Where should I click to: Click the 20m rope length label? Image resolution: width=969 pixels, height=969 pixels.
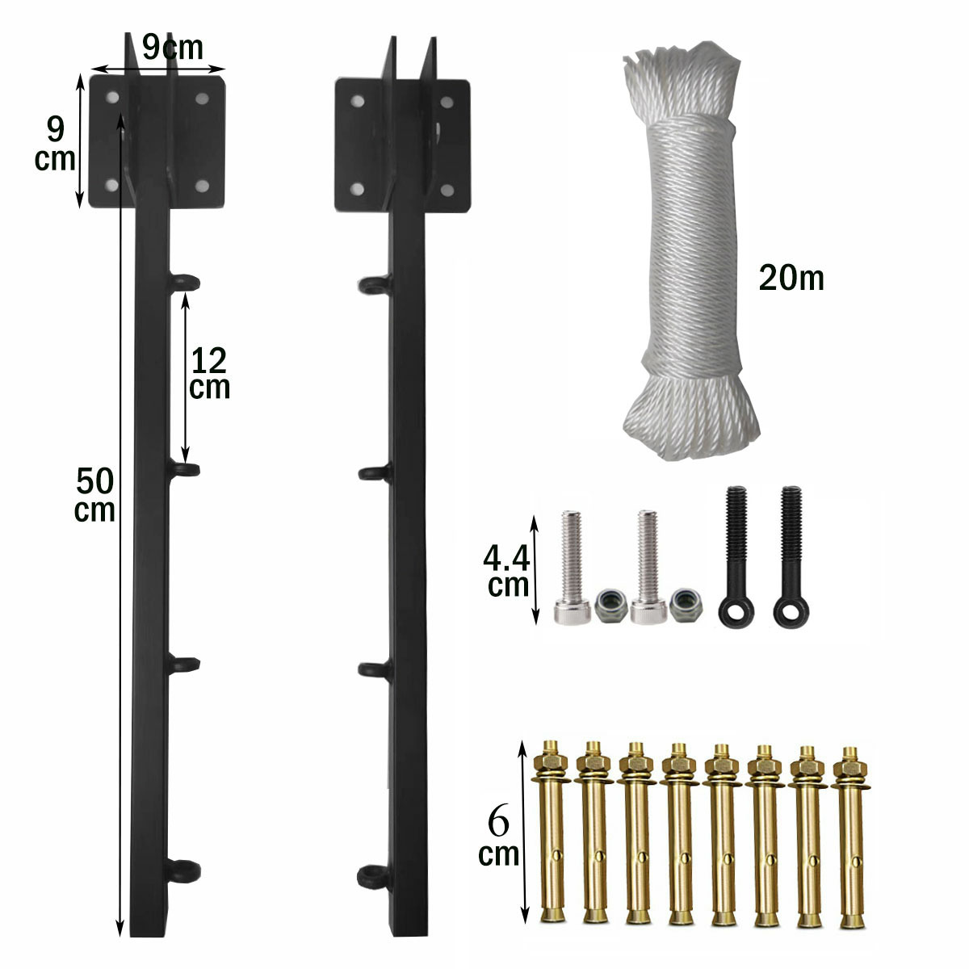(x=791, y=278)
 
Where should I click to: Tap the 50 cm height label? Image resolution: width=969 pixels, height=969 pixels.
(x=95, y=495)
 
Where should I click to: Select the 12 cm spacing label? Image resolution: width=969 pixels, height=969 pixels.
(x=209, y=373)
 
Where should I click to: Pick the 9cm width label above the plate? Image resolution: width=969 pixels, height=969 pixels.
(x=172, y=48)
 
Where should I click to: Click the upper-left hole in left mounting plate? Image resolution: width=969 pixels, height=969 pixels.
(x=111, y=98)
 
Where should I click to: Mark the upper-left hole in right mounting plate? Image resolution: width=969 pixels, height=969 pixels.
(x=356, y=102)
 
